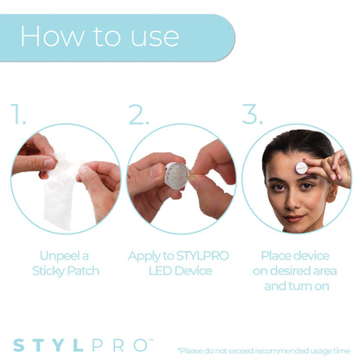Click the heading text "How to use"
tap(100, 36)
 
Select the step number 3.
tap(251, 113)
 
